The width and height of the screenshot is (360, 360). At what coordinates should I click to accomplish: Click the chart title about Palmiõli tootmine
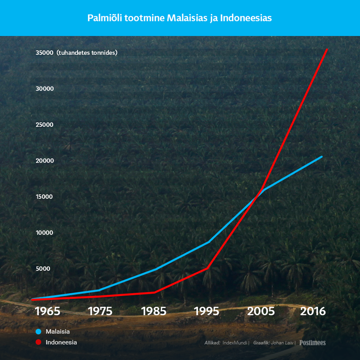180,18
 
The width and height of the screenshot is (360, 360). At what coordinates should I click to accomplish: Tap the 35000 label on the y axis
44,53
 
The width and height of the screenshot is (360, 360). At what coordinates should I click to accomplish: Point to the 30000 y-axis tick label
44,89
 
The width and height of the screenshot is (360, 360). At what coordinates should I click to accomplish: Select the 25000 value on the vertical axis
44,125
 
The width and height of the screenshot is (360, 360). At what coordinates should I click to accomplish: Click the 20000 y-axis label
45,161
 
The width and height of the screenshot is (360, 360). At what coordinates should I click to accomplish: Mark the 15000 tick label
44,197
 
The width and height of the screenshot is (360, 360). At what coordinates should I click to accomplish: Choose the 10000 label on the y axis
44,233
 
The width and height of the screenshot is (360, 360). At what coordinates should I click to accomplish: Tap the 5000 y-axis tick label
43,269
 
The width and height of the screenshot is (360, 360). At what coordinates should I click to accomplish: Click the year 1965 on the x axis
48,311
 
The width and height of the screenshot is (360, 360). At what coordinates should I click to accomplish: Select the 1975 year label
101,311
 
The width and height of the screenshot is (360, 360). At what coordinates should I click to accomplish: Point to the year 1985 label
154,311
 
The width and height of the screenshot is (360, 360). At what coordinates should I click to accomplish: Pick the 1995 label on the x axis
207,311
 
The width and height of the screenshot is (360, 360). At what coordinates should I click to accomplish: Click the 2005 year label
261,311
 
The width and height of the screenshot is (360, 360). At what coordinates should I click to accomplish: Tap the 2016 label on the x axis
313,311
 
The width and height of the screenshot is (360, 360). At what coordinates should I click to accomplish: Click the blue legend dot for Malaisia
38,331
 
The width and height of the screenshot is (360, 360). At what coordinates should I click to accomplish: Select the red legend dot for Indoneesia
38,342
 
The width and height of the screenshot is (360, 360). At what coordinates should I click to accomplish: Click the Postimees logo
312,343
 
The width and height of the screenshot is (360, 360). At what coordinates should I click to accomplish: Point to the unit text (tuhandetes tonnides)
87,53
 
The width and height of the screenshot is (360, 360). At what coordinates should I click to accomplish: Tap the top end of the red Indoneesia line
327,50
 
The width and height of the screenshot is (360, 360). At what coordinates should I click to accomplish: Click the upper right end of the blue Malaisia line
322,157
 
